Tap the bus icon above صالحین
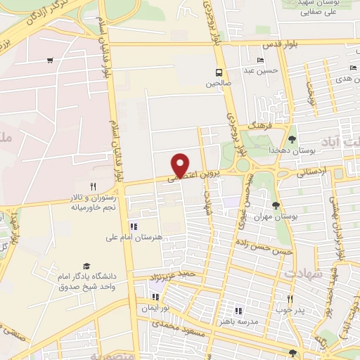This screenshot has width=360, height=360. [x=219, y=72]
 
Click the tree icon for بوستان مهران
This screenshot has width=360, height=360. [x=275, y=206]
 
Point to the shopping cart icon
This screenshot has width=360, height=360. [x=49, y=60]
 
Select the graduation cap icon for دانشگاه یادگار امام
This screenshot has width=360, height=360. [x=86, y=266]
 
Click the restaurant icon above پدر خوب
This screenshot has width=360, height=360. [x=288, y=298]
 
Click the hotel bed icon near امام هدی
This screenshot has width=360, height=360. [x=353, y=67]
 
